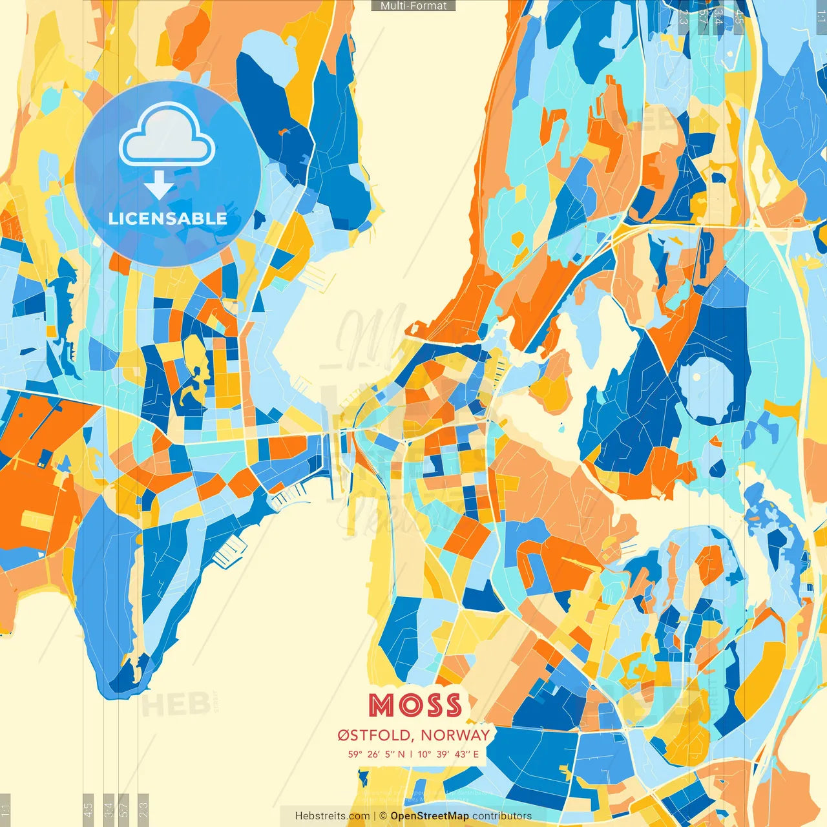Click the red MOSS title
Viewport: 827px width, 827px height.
point(415,706)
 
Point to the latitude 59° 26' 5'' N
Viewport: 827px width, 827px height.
point(376,754)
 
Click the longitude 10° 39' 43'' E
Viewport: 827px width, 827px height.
point(448,754)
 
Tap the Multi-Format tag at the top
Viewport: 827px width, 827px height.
point(413,6)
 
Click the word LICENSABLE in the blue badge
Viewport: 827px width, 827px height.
point(168,218)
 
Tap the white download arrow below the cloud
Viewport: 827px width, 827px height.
point(159,185)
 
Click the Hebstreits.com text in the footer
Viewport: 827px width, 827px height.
point(332,816)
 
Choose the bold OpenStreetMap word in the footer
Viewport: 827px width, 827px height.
point(429,816)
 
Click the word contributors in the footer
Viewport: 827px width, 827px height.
point(502,816)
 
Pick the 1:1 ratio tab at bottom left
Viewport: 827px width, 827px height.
point(5,810)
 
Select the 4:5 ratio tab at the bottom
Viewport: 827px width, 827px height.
point(89,810)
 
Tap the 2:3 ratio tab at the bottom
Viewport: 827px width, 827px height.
point(143,810)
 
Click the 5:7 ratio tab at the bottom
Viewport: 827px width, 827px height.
point(125,810)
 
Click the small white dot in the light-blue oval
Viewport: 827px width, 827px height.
point(696,377)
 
